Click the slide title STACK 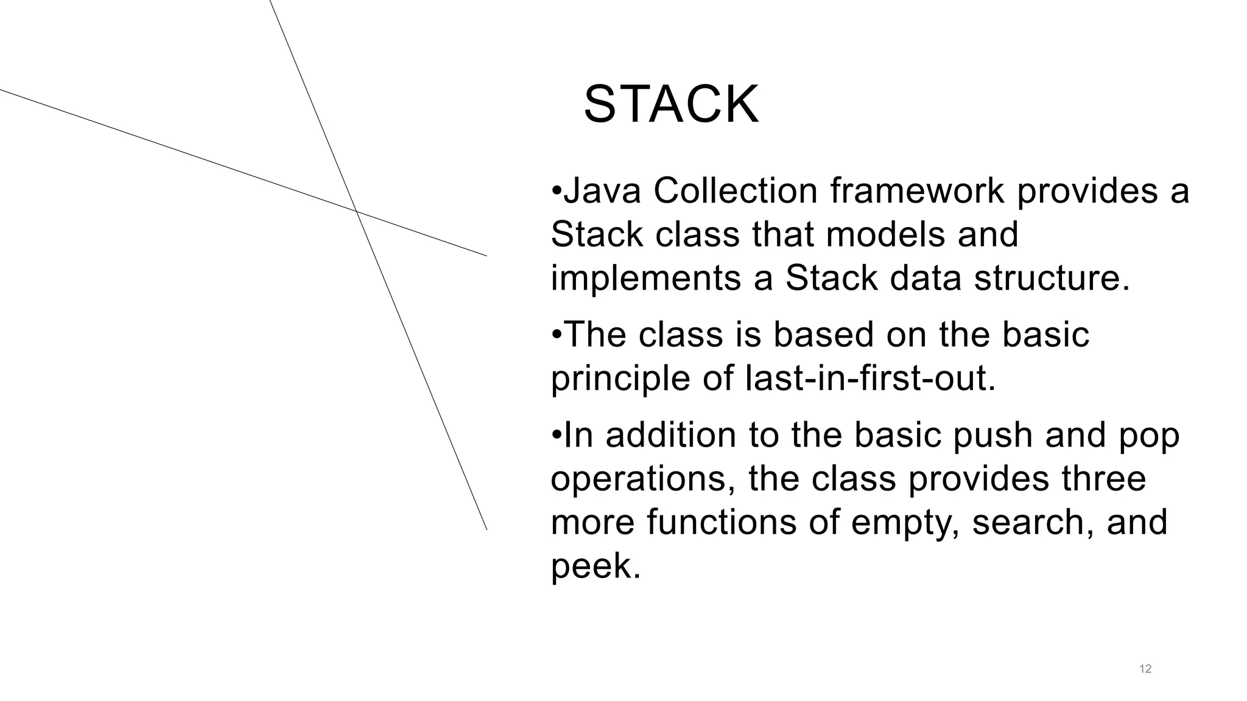pyautogui.click(x=671, y=105)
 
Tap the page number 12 pyautogui.click(x=1145, y=669)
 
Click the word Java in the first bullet pyautogui.click(x=602, y=191)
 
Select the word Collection pyautogui.click(x=735, y=191)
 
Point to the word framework pyautogui.click(x=917, y=191)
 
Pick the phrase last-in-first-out pyautogui.click(x=869, y=378)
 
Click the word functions pyautogui.click(x=722, y=523)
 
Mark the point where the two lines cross pyautogui.click(x=356, y=212)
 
